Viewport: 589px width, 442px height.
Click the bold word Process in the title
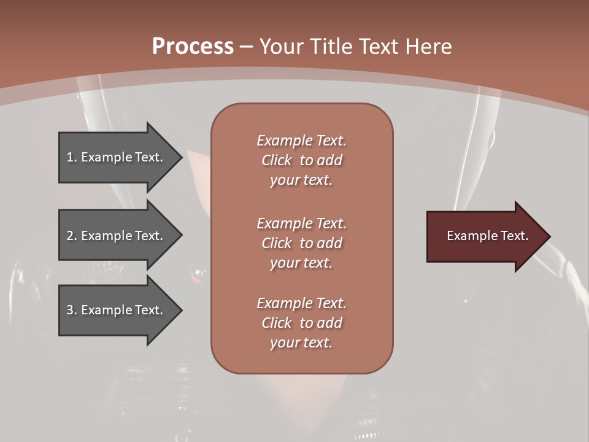193,47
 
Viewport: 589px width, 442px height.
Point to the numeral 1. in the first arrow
72,157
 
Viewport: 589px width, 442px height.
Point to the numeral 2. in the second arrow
72,236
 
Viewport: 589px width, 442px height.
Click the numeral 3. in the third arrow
72,310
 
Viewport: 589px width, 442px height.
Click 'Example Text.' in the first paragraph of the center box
301,141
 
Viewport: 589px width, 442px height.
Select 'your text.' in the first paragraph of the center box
301,180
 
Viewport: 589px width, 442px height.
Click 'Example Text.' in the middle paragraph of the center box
301,223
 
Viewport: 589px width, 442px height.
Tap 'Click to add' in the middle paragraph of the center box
301,243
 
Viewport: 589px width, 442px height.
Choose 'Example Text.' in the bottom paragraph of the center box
301,303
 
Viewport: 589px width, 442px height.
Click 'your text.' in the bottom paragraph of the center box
301,343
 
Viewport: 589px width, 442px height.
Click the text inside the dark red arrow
487,236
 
